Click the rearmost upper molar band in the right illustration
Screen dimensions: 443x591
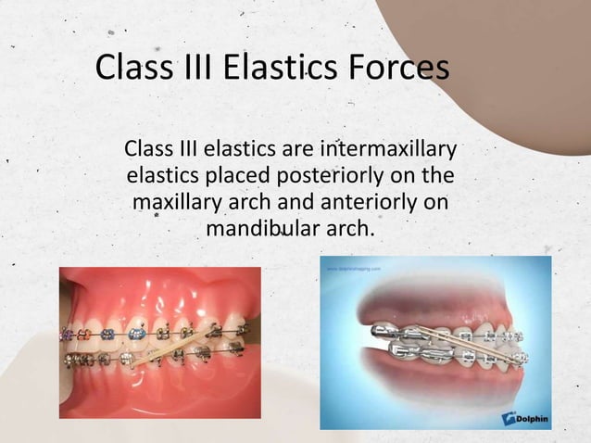(379, 333)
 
